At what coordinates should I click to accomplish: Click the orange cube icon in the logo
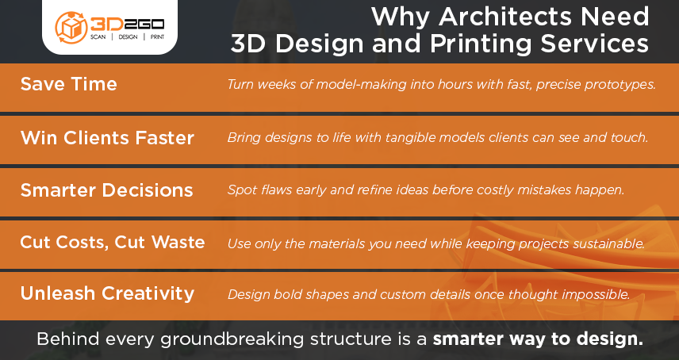click(x=71, y=28)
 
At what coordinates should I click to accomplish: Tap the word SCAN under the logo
click(x=98, y=37)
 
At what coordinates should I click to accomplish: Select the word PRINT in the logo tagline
click(x=157, y=37)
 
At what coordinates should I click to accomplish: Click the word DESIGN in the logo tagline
click(x=129, y=37)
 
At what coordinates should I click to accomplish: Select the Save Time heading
click(x=69, y=84)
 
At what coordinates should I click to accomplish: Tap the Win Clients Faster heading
click(x=107, y=138)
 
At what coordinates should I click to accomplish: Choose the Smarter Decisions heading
click(x=106, y=190)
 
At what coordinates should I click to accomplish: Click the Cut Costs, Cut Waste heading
click(x=113, y=243)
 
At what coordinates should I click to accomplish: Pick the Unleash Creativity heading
click(x=107, y=293)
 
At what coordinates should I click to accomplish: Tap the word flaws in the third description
click(x=276, y=190)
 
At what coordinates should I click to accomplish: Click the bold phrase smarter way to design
click(x=539, y=339)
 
